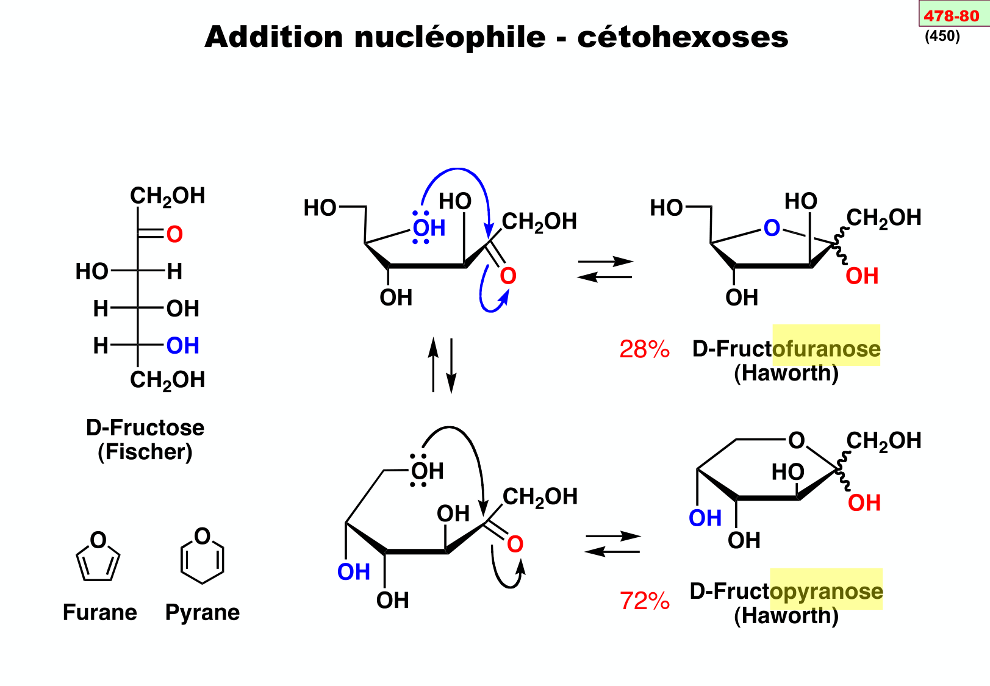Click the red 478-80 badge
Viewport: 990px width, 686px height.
click(952, 15)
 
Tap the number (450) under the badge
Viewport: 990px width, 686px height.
click(942, 36)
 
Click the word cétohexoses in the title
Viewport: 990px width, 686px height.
click(683, 37)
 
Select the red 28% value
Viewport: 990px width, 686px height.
click(644, 349)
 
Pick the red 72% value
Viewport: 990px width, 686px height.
click(645, 601)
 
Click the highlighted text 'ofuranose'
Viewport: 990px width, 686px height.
click(827, 349)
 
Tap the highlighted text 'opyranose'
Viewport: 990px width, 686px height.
click(827, 591)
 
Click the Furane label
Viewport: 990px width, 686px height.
click(100, 612)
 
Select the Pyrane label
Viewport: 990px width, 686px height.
click(203, 612)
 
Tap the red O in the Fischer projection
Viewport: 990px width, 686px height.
click(174, 234)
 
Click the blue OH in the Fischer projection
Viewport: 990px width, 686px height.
click(182, 346)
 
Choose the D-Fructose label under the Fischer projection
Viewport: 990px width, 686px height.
click(145, 427)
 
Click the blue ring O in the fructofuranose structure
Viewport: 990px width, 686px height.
click(772, 228)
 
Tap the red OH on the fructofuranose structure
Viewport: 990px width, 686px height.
click(862, 276)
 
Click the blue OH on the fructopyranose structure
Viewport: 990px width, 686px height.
click(705, 518)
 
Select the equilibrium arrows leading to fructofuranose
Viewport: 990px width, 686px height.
click(605, 270)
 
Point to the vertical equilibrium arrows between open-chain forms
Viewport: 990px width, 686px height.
click(442, 365)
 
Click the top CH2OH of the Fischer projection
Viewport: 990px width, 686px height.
click(168, 196)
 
